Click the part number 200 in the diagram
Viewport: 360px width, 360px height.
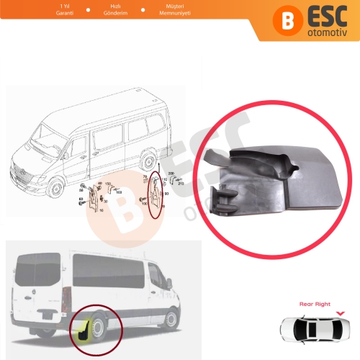click(171, 176)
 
